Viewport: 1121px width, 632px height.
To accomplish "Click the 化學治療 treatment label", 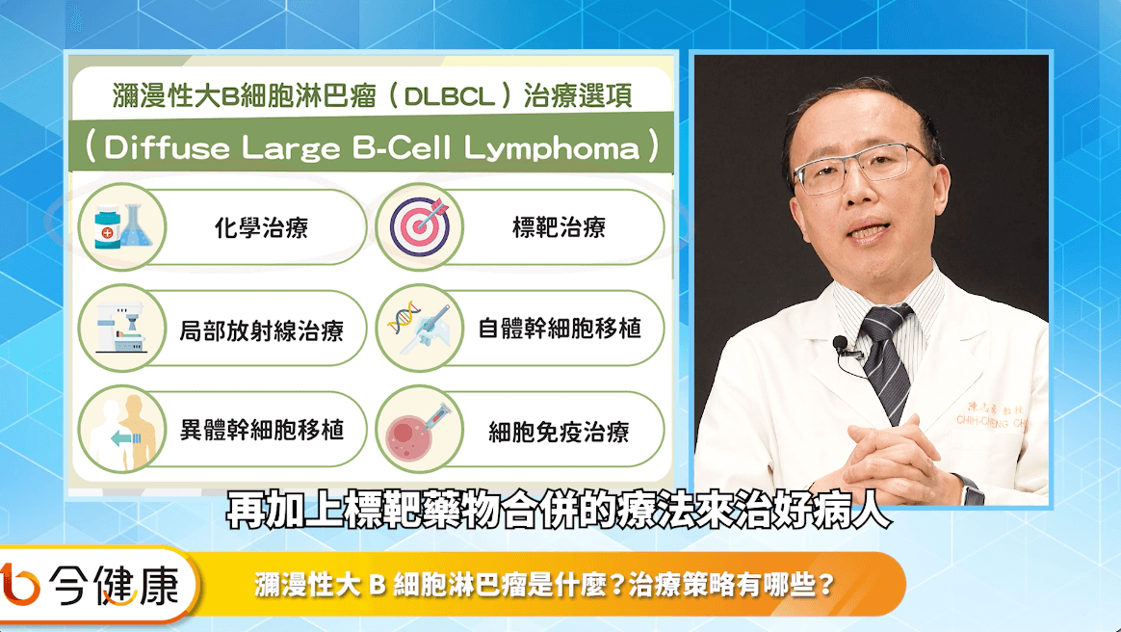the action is click(262, 228).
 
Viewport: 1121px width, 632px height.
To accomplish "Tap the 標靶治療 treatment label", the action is click(560, 227).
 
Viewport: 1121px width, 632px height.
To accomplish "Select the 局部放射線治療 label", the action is click(262, 330).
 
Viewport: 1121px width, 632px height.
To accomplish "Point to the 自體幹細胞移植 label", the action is click(560, 329).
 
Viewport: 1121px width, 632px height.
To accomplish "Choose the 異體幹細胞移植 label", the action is click(262, 431).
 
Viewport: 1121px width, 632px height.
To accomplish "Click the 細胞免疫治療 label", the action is click(560, 432).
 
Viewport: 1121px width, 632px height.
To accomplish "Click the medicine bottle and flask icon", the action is click(122, 226).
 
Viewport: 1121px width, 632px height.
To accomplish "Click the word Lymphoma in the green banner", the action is click(551, 148).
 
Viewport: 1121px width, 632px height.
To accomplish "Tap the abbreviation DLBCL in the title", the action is click(450, 95).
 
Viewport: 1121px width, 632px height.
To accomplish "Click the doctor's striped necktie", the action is click(889, 361).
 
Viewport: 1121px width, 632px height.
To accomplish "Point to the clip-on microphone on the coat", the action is click(842, 345).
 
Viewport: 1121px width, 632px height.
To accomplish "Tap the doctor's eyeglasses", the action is click(862, 168).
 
